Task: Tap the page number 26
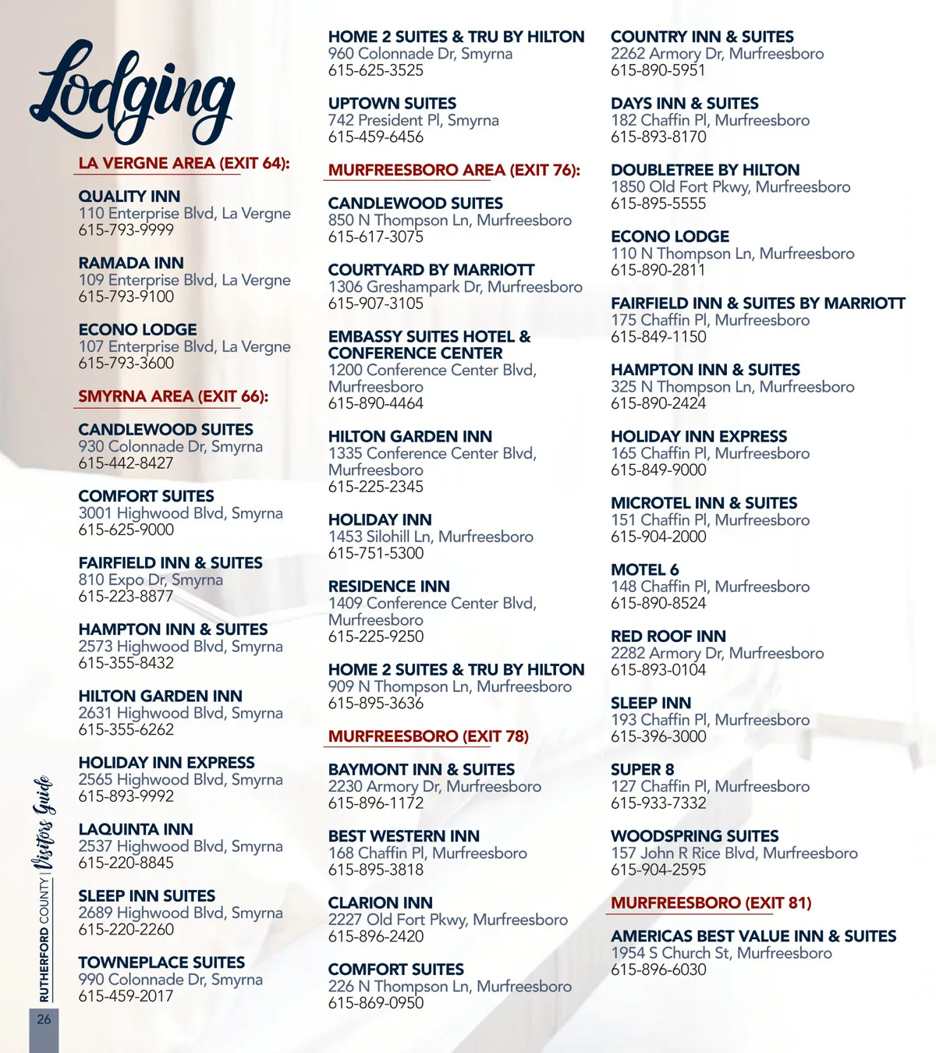click(x=44, y=1019)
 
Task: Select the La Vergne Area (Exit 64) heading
click(x=184, y=164)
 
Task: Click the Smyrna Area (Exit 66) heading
click(x=173, y=396)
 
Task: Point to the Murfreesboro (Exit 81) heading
click(x=711, y=903)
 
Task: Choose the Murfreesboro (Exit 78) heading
click(x=428, y=736)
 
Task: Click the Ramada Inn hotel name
click(x=131, y=263)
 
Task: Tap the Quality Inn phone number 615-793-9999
click(x=126, y=230)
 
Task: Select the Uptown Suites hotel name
click(x=392, y=104)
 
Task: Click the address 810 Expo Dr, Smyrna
click(x=151, y=580)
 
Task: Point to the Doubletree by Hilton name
click(x=705, y=170)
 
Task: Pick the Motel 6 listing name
click(x=644, y=570)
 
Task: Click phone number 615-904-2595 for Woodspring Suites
click(x=658, y=870)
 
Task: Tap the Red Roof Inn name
click(x=668, y=636)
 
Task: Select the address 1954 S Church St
click(x=721, y=953)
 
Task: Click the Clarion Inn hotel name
click(x=380, y=903)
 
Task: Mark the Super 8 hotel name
click(x=642, y=770)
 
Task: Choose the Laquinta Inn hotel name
click(x=136, y=830)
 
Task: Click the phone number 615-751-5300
click(x=376, y=554)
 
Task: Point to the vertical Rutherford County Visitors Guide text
click(x=44, y=889)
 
